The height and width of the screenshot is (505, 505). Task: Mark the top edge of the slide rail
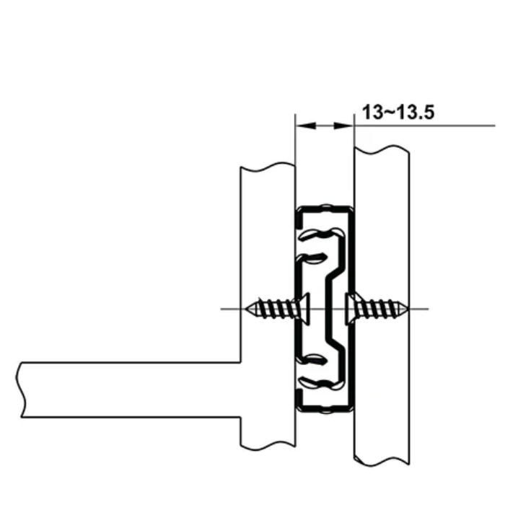point(324,208)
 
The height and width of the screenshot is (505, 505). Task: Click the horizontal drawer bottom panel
point(130,390)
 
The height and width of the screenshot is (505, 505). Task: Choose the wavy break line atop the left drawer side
point(267,168)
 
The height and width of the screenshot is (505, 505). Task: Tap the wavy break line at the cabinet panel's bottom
point(382,460)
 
